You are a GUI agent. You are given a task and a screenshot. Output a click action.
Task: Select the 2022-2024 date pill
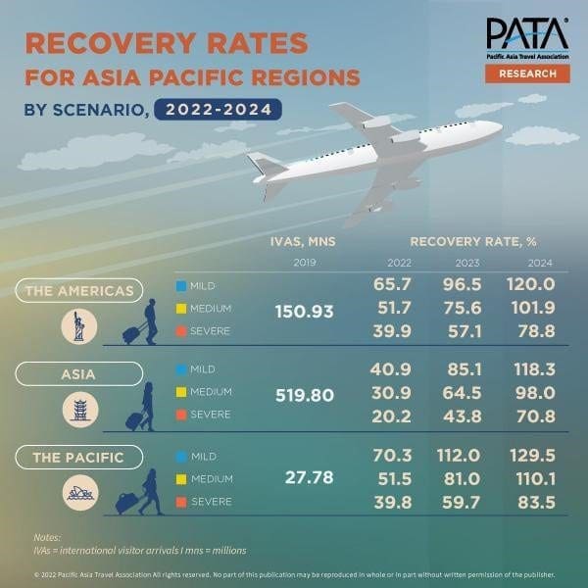217,109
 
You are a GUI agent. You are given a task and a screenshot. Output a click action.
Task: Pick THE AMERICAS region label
78,290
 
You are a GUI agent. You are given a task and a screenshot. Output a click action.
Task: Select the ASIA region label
78,373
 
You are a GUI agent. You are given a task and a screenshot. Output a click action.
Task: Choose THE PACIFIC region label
78,458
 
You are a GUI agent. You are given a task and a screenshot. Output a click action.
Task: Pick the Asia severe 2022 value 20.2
392,415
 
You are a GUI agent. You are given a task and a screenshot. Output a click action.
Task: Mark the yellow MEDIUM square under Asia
181,392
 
